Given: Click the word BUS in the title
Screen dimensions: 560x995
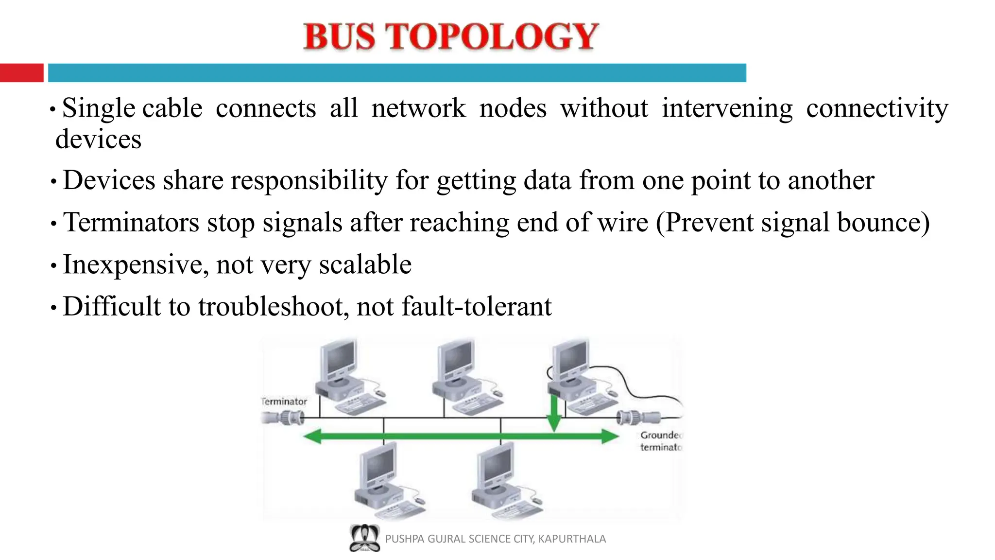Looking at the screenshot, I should [340, 36].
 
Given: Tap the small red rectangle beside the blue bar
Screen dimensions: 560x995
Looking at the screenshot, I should [21, 73].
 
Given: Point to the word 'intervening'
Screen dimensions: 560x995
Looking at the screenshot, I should [727, 108].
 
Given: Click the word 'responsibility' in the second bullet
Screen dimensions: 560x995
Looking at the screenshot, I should [309, 180].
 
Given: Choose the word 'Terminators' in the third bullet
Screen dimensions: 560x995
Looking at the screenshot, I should [131, 223].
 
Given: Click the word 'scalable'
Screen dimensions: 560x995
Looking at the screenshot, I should [365, 264].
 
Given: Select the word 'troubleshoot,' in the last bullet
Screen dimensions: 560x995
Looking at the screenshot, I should [274, 307].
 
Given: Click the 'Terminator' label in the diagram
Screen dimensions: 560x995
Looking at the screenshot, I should [284, 402].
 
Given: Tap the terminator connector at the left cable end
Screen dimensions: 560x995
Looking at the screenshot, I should [284, 417].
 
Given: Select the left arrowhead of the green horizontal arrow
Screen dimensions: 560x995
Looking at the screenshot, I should [313, 436].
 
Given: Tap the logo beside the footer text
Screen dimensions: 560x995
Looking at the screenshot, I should [364, 538].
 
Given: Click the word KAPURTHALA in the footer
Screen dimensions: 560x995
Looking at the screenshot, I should [572, 539].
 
